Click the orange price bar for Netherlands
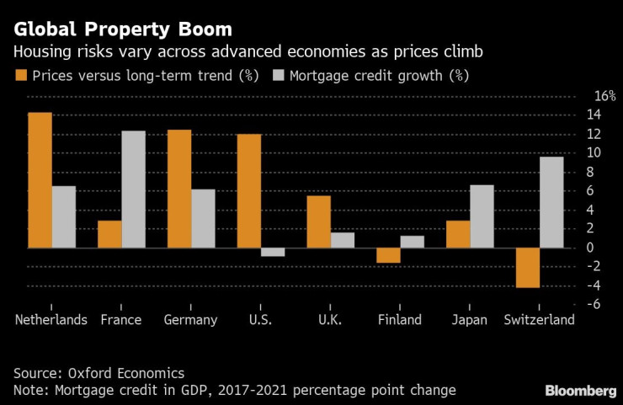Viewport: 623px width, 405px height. point(40,181)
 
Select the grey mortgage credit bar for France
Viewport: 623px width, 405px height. point(133,189)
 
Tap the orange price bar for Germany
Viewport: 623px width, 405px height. point(179,189)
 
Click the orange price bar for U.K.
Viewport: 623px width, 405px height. point(318,221)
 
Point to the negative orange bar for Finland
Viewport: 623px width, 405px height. point(388,255)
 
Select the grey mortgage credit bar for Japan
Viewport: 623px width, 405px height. point(482,216)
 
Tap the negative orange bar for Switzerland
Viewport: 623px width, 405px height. point(528,268)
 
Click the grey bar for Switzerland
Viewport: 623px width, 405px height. point(551,202)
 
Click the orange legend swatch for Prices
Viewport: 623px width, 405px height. point(20,76)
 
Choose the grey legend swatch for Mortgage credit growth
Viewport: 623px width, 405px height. point(278,76)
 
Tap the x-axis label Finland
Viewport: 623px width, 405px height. point(400,320)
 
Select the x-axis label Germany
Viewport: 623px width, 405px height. point(192,320)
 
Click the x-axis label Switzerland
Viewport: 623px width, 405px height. point(539,320)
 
